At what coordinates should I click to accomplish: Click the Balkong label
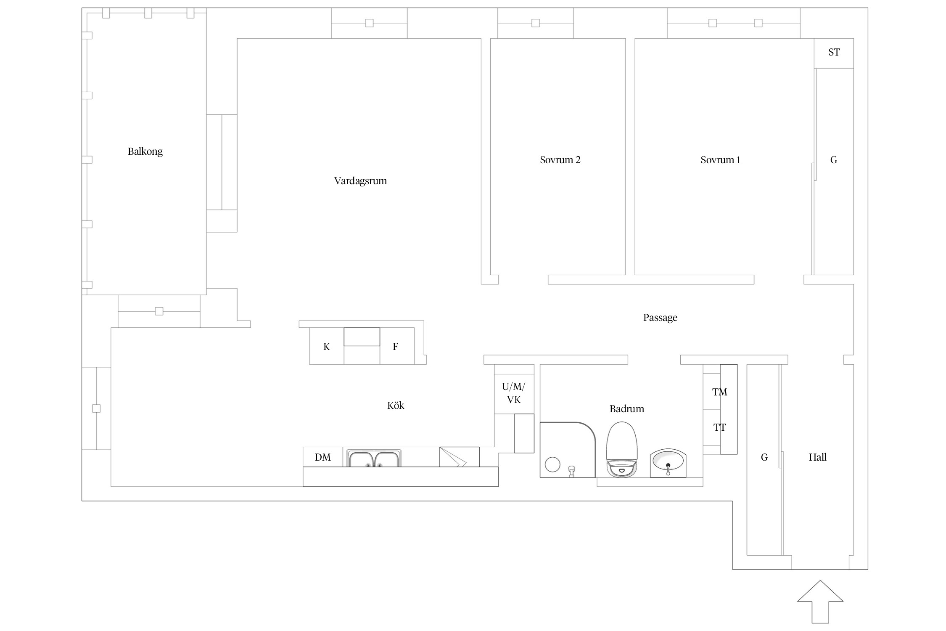[145, 151]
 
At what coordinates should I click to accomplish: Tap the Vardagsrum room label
[360, 181]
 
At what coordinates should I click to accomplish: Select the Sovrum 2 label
[560, 160]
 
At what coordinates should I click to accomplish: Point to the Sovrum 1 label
[720, 160]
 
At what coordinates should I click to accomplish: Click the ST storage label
[834, 52]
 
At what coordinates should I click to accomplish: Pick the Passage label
[660, 318]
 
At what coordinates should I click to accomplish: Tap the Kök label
[396, 405]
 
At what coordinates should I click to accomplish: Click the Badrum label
[627, 408]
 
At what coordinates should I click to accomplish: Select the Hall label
[818, 457]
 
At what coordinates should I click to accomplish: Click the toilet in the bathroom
[622, 450]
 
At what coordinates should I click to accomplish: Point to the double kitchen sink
[374, 459]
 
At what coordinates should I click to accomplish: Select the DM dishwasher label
[323, 457]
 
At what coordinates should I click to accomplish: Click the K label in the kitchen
[327, 347]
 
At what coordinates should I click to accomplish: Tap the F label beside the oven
[395, 347]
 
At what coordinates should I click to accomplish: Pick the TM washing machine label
[720, 392]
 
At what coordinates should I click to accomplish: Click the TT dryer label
[720, 428]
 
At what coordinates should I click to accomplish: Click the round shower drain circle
[552, 464]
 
